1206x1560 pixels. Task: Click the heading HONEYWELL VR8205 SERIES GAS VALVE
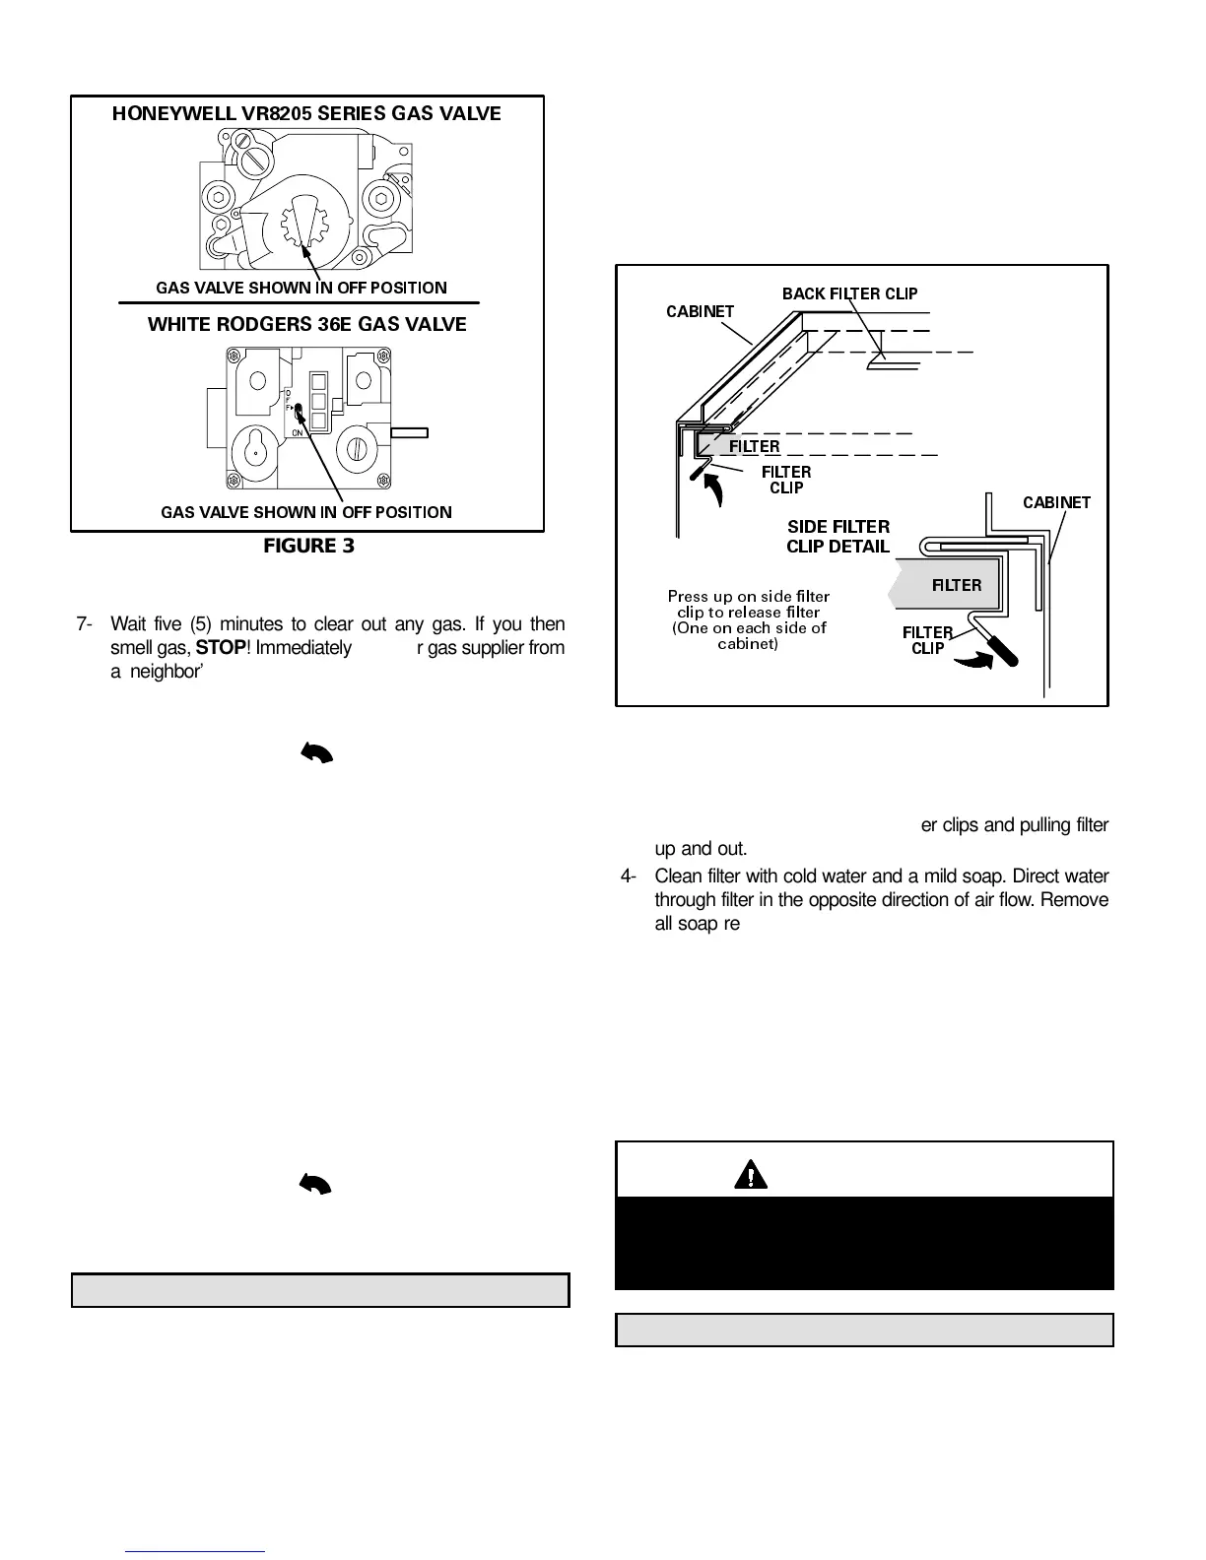pyautogui.click(x=306, y=113)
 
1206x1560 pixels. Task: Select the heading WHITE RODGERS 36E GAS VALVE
pyautogui.click(x=306, y=324)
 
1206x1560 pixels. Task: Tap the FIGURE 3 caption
pyautogui.click(x=308, y=546)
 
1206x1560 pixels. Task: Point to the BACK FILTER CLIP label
pyautogui.click(x=849, y=293)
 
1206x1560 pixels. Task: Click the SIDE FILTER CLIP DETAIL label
pyautogui.click(x=837, y=537)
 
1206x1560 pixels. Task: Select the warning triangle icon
pyautogui.click(x=751, y=1173)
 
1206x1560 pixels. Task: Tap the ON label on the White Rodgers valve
pyautogui.click(x=297, y=432)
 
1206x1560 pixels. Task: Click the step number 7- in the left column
pyautogui.click(x=87, y=623)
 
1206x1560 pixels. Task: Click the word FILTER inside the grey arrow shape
pyautogui.click(x=956, y=585)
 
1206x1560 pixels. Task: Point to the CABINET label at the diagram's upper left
pyautogui.click(x=700, y=312)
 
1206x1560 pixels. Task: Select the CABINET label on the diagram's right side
pyautogui.click(x=1056, y=502)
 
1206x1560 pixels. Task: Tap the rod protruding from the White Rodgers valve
pyautogui.click(x=410, y=431)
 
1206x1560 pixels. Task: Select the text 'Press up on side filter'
pyautogui.click(x=749, y=596)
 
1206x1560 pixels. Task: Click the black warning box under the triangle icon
pyautogui.click(x=864, y=1243)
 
